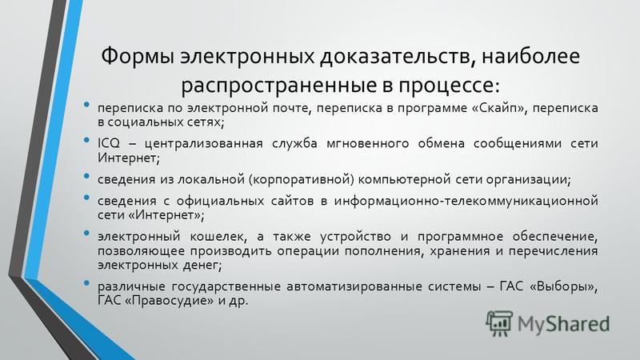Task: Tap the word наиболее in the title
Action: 530,55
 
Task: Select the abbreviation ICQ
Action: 109,143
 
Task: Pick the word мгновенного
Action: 368,143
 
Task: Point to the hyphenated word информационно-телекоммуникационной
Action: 466,201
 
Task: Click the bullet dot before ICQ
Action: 86,140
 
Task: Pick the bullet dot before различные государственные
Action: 86,283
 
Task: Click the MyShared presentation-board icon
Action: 498,323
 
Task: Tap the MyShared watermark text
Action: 564,324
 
